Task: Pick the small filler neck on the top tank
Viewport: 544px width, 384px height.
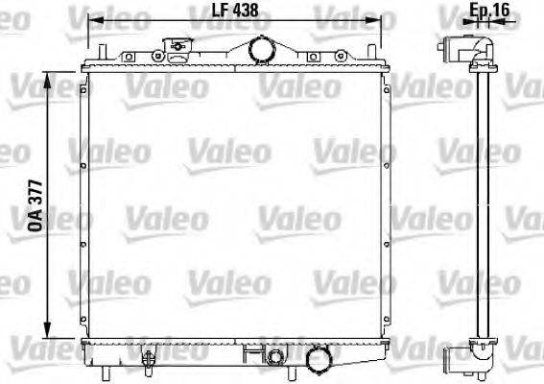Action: pos(176,46)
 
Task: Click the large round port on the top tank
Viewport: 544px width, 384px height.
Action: pos(259,47)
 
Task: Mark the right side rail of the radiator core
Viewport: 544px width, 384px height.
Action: pos(387,202)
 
